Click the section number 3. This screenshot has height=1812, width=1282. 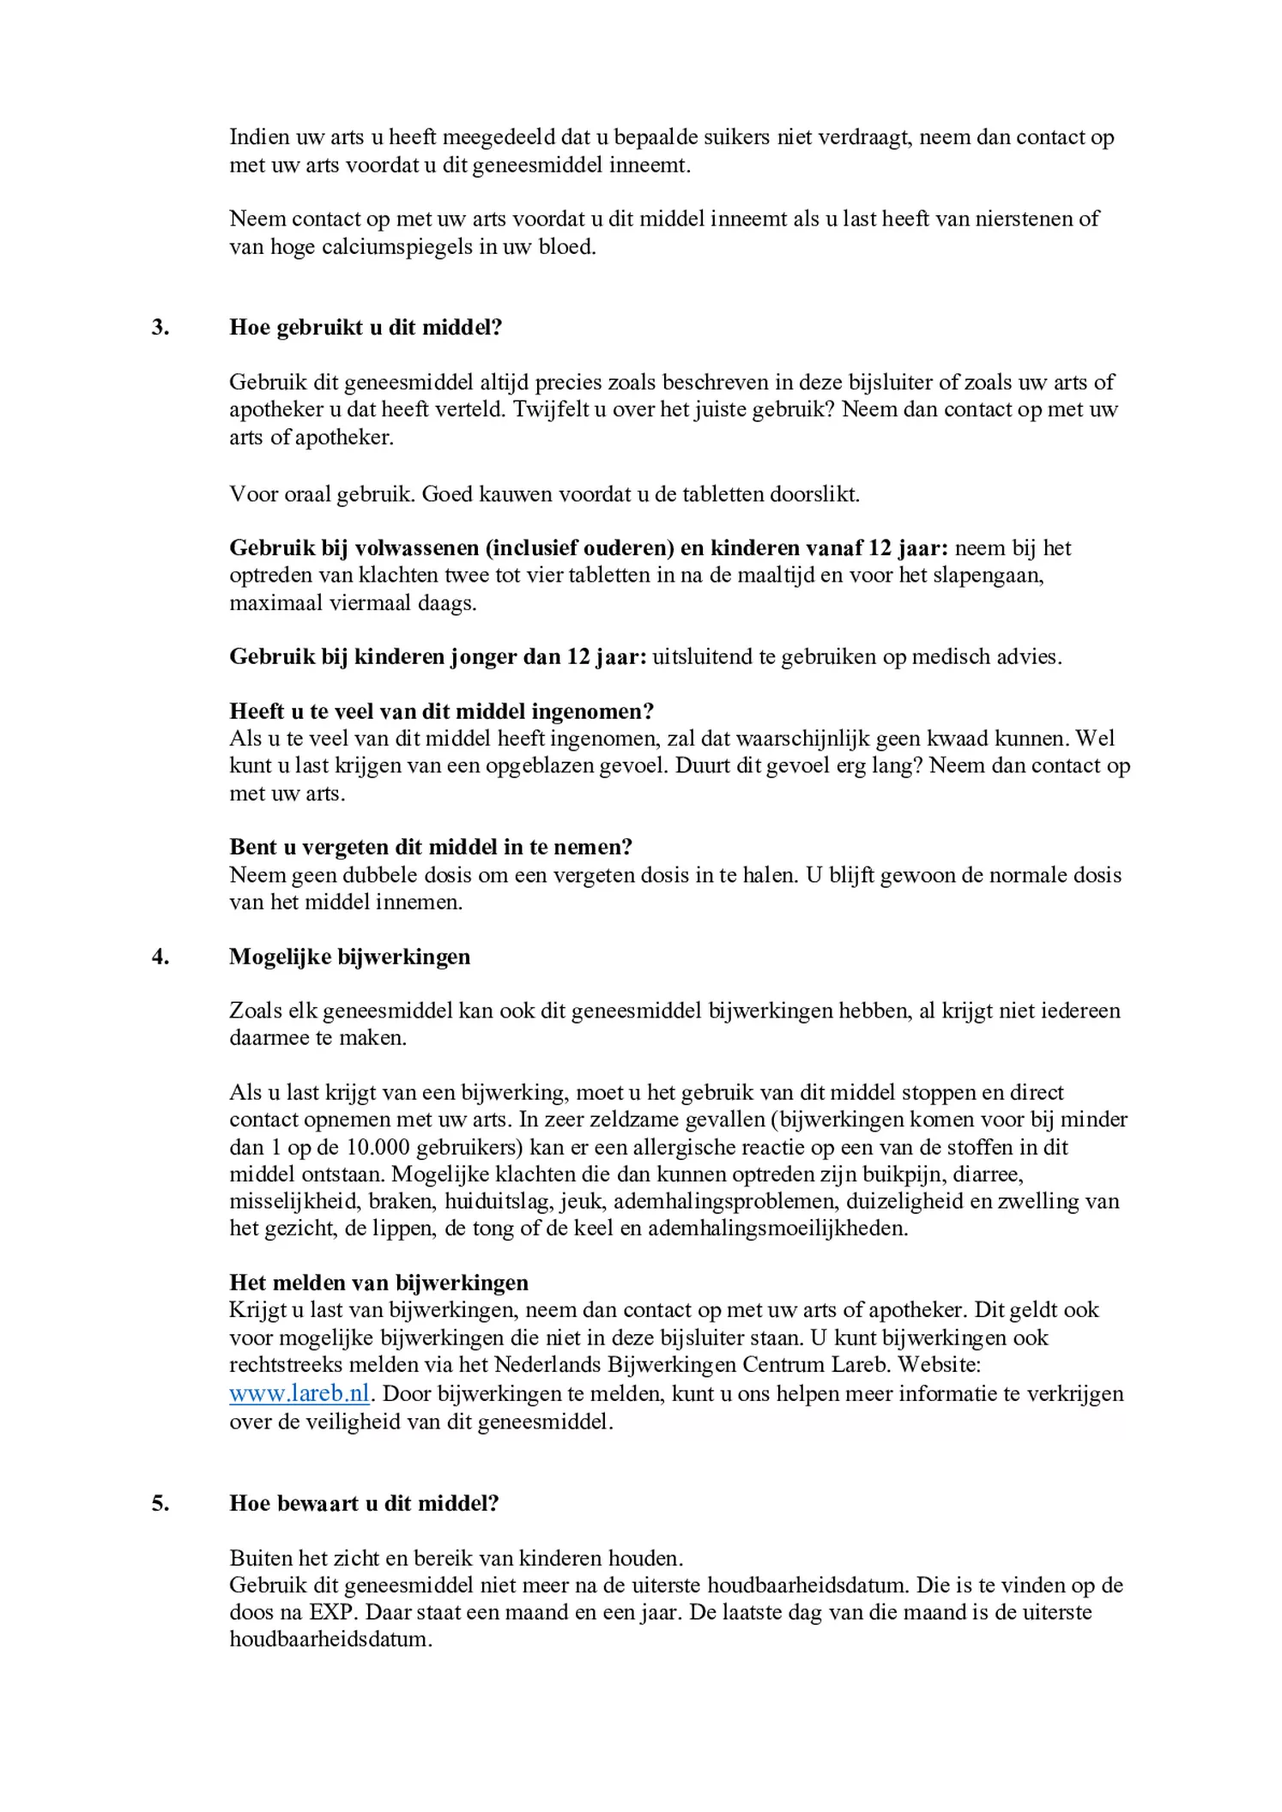(160, 328)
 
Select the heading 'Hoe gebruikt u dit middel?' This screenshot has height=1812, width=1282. (366, 328)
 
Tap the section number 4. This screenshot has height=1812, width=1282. (160, 957)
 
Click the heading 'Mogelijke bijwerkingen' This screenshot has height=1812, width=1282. (349, 957)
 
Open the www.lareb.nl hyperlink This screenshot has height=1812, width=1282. (299, 1393)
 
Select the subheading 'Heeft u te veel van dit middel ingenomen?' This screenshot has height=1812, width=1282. (441, 711)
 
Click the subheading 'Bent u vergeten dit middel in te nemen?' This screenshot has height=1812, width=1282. (431, 848)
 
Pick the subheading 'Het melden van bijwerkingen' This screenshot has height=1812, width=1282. (378, 1283)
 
